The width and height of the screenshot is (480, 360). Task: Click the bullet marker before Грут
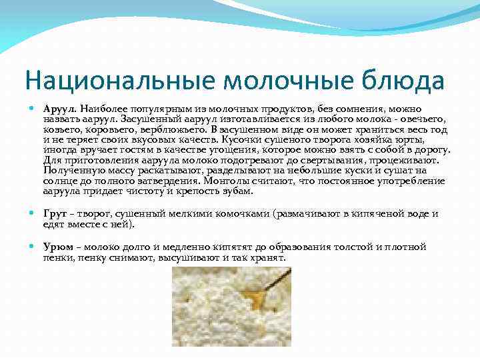[34, 214]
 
